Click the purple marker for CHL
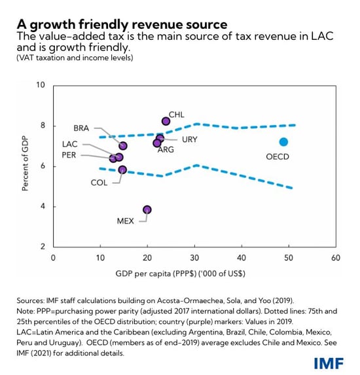tap(166, 121)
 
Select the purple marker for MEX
tap(147, 209)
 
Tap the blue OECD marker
tap(283, 142)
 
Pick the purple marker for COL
tap(122, 170)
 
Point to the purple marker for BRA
tap(123, 146)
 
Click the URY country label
tap(189, 139)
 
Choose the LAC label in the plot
tap(70, 143)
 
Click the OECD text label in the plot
tap(278, 157)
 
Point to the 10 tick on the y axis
tap(41, 86)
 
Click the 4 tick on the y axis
tap(43, 207)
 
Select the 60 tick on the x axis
tap(335, 259)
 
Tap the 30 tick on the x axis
tap(194, 259)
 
